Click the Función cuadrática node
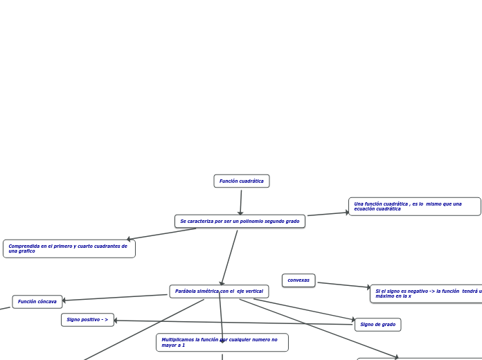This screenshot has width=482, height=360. tap(241, 181)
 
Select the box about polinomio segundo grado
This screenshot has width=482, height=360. tap(240, 222)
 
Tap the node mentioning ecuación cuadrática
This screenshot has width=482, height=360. tap(414, 206)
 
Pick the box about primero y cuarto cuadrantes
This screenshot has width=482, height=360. tap(69, 249)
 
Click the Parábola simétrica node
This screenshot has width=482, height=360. tap(219, 291)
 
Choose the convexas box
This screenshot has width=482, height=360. tap(298, 280)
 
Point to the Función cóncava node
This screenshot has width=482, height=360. tap(37, 302)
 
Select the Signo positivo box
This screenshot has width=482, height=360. tap(87, 320)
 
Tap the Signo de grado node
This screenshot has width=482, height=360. tap(377, 325)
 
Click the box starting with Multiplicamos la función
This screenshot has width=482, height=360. tap(222, 343)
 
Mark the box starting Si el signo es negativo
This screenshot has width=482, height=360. tap(426, 294)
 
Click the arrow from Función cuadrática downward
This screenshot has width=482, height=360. tap(241, 201)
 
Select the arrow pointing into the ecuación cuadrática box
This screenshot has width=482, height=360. tap(329, 214)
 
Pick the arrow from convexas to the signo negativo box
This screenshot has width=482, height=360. tap(343, 285)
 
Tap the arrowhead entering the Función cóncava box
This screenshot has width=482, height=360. tap(64, 300)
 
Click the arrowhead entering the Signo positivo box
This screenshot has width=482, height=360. tap(116, 321)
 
